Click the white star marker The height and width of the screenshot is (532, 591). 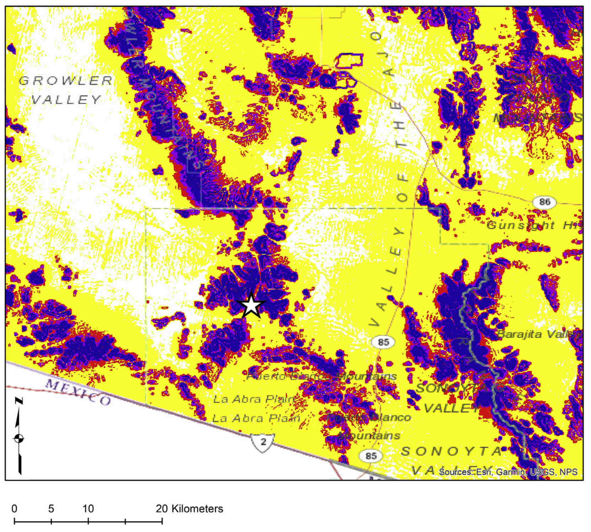coord(251,305)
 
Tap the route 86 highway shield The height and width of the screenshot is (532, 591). coord(544,202)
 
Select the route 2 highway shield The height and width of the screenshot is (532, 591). coord(263,442)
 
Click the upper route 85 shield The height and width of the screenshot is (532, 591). coord(383,342)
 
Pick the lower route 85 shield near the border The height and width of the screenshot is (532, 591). coord(371,456)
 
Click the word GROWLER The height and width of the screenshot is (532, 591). coord(66,81)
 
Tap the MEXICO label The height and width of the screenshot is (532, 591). coord(78,392)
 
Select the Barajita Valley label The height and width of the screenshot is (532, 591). coord(538,334)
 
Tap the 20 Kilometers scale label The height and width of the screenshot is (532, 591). coord(189,509)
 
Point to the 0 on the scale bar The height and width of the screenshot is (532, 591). coord(14,509)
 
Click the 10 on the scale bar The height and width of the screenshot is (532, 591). coord(88,509)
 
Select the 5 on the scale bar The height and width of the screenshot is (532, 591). coord(51,509)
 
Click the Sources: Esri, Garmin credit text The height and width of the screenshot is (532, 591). coord(508,472)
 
